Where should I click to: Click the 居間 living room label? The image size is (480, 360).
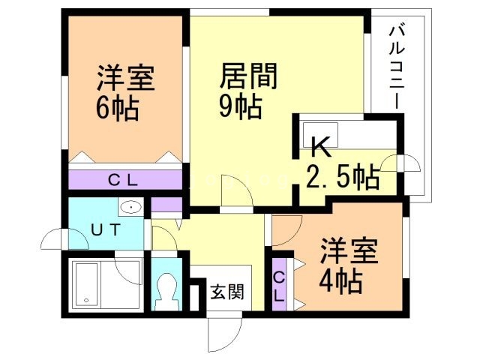(x=248, y=76)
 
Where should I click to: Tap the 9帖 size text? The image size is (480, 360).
(x=240, y=107)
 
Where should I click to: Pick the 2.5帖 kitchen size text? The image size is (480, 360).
(x=342, y=178)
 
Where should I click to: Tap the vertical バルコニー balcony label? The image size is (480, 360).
(x=397, y=67)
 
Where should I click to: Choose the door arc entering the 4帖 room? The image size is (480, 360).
(x=283, y=232)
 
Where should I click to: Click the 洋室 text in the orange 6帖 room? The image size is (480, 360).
(x=125, y=78)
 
